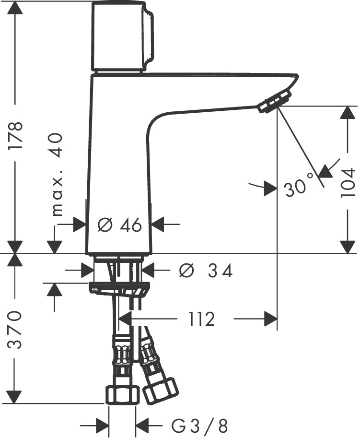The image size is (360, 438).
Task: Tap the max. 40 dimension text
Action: tap(57, 175)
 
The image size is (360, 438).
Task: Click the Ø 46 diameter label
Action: tap(119, 224)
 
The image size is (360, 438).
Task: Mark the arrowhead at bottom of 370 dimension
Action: tap(16, 396)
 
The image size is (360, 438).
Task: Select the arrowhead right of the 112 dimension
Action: tap(271, 319)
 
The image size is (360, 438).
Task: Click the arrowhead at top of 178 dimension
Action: tap(16, 7)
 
